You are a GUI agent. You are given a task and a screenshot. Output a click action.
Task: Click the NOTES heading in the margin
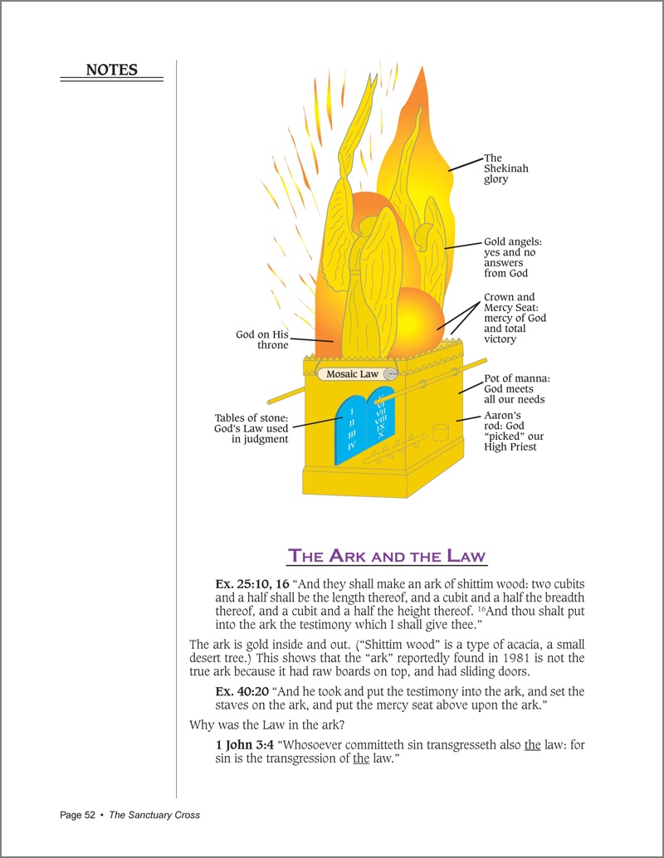click(x=112, y=70)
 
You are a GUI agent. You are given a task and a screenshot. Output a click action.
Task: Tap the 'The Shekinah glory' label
click(x=505, y=168)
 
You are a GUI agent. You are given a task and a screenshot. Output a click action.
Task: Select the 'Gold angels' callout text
click(x=512, y=257)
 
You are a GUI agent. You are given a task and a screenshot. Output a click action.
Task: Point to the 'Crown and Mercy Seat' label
click(x=515, y=318)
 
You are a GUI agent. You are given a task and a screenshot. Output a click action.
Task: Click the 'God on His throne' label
click(x=262, y=340)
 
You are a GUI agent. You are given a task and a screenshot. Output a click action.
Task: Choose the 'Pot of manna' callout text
click(x=516, y=389)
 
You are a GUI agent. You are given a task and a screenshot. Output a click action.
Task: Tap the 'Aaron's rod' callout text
click(x=509, y=431)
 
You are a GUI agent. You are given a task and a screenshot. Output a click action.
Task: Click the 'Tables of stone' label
click(x=251, y=429)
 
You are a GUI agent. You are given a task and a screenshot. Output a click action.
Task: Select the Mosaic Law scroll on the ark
click(x=353, y=374)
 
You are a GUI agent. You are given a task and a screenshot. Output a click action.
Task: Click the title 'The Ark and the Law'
click(x=387, y=555)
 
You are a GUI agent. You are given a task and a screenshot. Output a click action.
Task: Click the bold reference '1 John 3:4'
click(x=242, y=745)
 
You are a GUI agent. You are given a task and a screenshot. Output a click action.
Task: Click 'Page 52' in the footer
click(x=77, y=815)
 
